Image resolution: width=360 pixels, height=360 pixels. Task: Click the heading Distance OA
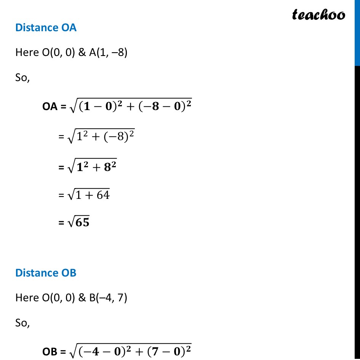tap(46, 28)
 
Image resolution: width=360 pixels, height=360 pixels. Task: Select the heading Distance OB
tap(46, 273)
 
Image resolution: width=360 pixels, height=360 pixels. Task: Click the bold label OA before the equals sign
tap(49, 107)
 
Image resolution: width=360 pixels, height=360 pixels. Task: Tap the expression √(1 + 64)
tap(88, 195)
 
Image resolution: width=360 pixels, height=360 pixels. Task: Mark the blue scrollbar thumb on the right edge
tap(357, 33)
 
